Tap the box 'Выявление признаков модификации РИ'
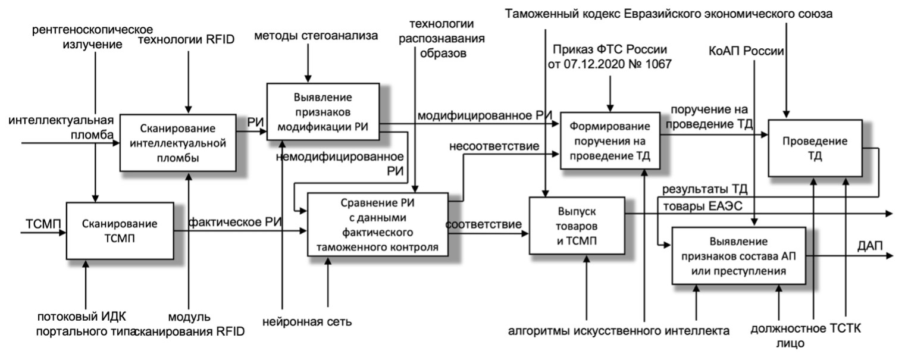322,111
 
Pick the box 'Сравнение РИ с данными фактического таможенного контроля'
377,224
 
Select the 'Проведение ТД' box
814,148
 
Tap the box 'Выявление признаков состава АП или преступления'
740,256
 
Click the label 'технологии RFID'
187,40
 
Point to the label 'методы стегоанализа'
316,36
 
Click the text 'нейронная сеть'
307,323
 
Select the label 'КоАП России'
747,51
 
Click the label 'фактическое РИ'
235,222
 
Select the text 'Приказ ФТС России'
610,49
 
